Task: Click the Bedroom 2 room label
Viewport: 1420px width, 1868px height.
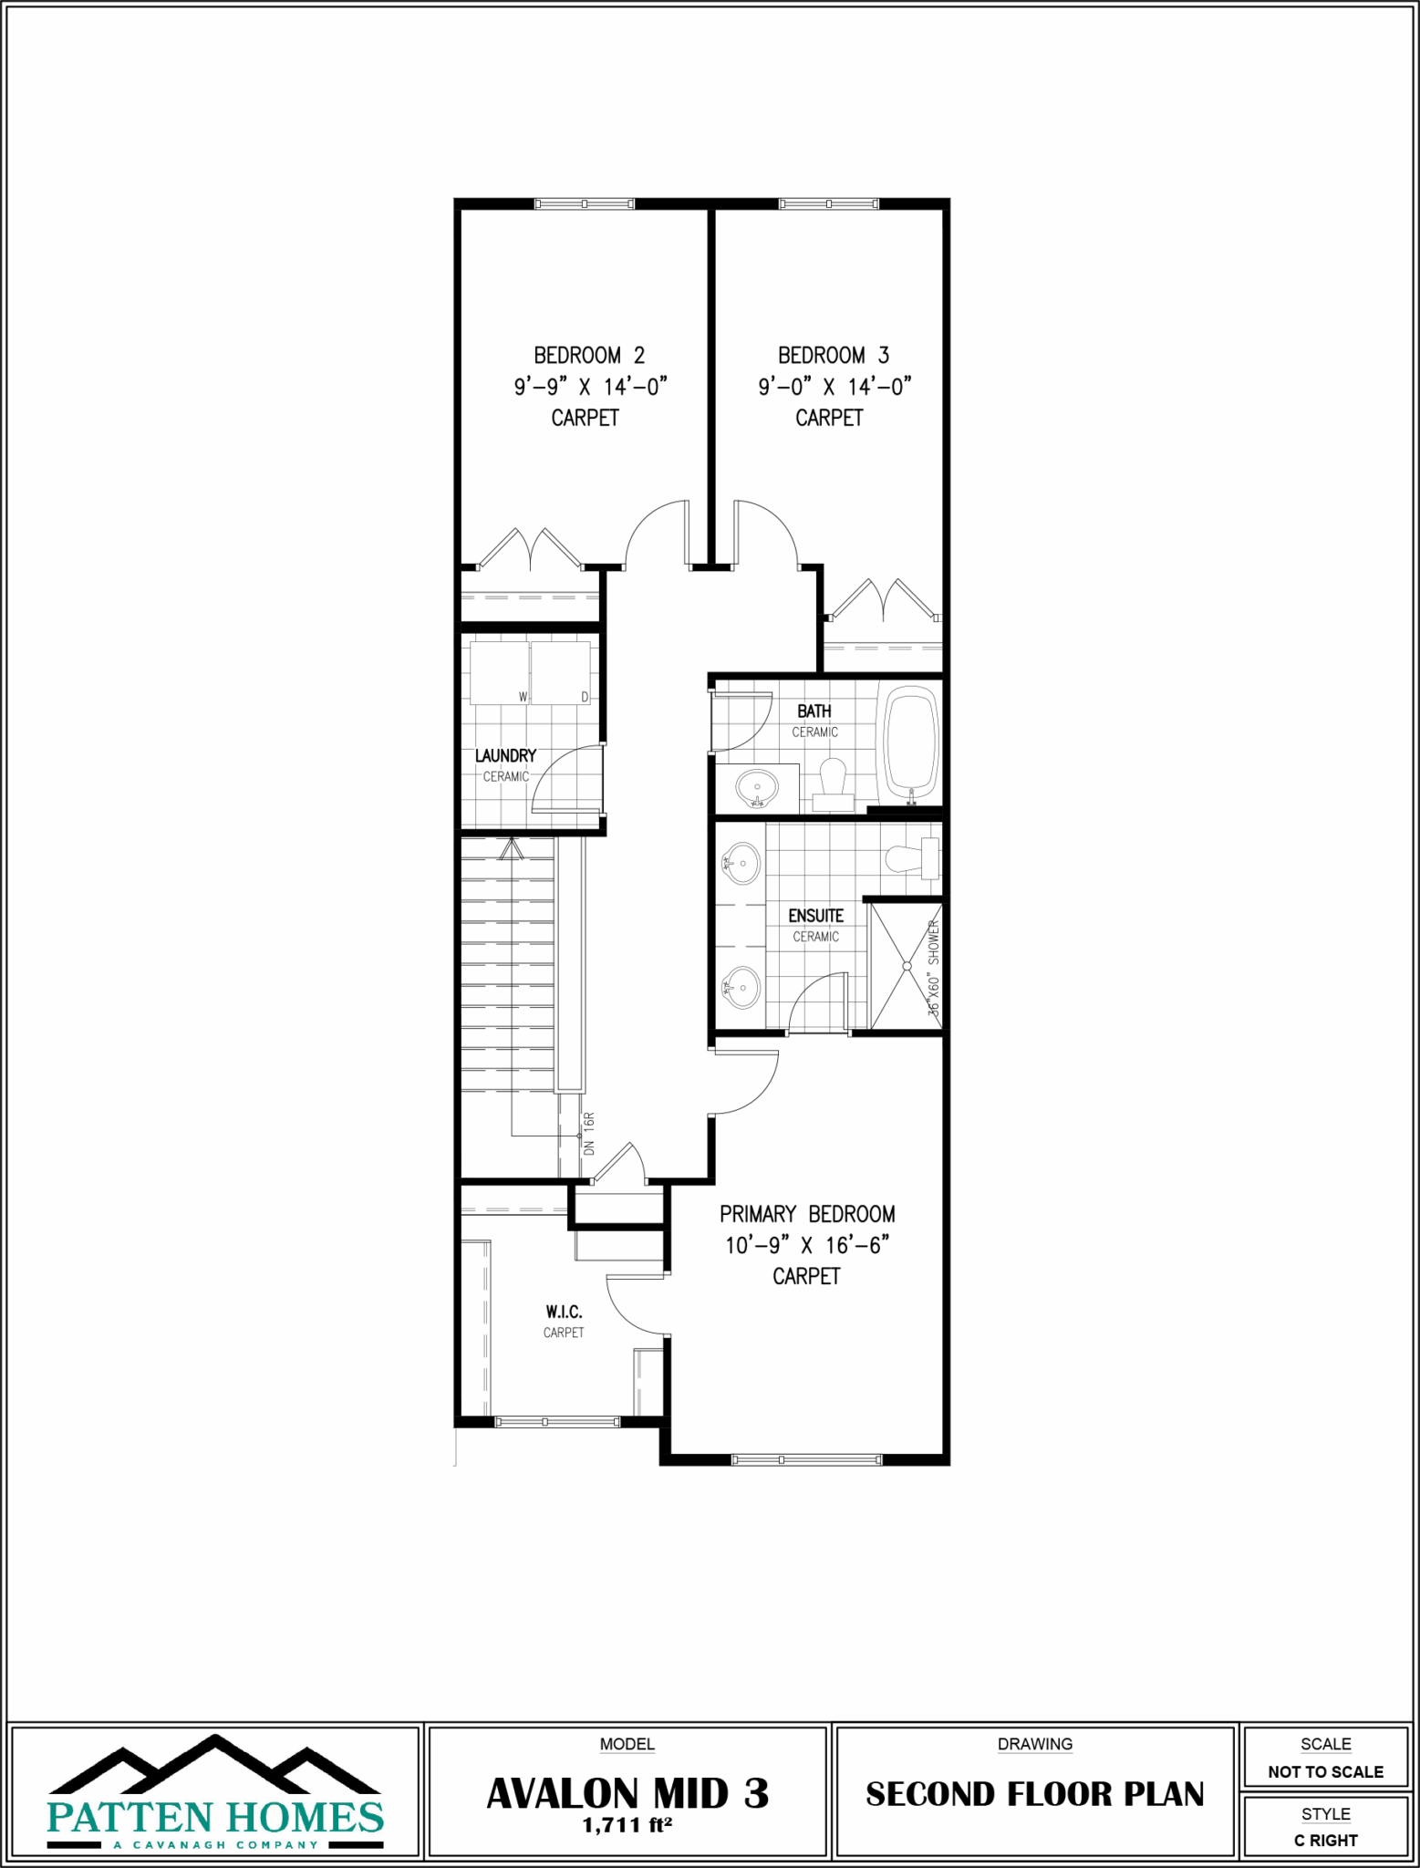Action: [589, 355]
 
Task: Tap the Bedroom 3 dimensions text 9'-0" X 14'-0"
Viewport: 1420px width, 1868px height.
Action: [834, 387]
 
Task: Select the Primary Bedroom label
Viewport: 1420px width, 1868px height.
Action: [807, 1214]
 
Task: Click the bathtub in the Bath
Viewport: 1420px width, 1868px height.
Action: [911, 743]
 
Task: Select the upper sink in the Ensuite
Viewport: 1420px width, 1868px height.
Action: [742, 862]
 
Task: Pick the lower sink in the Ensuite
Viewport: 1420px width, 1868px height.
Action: [742, 986]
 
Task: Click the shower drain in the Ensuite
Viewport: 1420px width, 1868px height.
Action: [907, 966]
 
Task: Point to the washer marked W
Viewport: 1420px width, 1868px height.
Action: [500, 672]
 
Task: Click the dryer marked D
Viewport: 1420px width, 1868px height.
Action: [561, 672]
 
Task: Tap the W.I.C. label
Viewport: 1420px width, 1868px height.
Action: [564, 1312]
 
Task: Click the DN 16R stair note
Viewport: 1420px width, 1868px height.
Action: [589, 1134]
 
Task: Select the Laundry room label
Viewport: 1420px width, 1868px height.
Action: [505, 756]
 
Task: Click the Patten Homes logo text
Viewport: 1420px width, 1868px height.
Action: [215, 1817]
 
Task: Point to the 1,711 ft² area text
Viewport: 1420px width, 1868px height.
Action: [627, 1825]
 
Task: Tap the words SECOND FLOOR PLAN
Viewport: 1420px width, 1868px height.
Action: [1034, 1794]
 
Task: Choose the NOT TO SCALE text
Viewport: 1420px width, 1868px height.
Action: [1325, 1771]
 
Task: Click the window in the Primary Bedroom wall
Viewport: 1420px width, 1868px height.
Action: [807, 1459]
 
